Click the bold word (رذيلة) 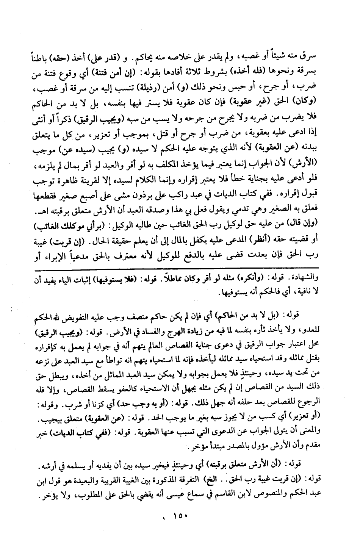160,87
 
